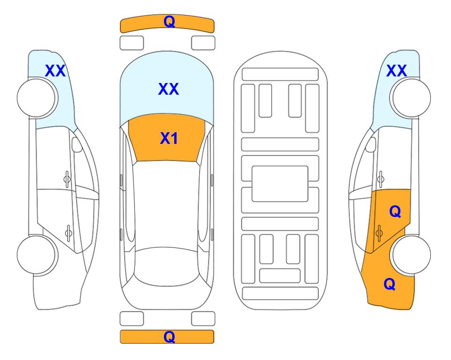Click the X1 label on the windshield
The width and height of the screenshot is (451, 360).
tap(169, 138)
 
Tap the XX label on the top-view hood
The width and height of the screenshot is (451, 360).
tap(169, 89)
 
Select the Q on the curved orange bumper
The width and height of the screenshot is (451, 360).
tap(169, 21)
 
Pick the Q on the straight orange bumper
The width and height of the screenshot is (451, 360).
tap(169, 337)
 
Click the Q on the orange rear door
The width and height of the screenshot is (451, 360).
tap(395, 211)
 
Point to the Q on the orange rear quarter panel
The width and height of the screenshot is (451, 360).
tap(390, 284)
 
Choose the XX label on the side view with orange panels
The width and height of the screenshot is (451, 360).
tap(397, 71)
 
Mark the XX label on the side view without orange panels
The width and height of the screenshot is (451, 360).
tap(55, 71)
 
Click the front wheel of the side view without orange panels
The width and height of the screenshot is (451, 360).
tap(37, 98)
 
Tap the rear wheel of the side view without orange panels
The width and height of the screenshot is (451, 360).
tap(37, 255)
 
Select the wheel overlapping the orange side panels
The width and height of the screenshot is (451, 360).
tap(410, 255)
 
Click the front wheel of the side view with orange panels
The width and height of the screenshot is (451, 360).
tap(410, 98)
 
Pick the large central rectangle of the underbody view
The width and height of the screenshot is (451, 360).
tap(280, 184)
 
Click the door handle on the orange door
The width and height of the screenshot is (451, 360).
tap(379, 233)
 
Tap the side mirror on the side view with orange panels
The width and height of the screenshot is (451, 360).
tap(370, 145)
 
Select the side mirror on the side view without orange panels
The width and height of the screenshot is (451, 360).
tap(77, 145)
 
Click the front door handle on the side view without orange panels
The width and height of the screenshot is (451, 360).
tap(67, 180)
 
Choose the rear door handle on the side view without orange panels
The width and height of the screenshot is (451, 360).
tap(68, 233)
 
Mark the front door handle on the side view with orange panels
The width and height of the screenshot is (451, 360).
tap(381, 180)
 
